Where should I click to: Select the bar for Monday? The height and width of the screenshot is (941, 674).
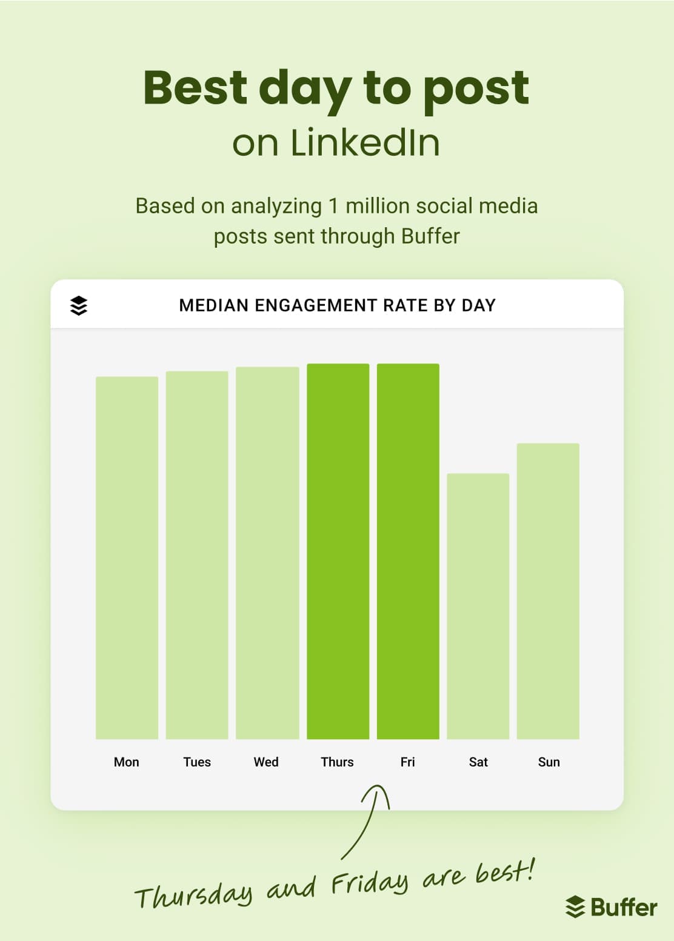click(127, 557)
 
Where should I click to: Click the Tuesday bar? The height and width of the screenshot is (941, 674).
click(197, 554)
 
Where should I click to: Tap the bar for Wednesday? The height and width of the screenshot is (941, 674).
click(267, 553)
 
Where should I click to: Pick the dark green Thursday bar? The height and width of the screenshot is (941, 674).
click(338, 551)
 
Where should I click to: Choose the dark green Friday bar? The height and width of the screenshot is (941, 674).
click(408, 551)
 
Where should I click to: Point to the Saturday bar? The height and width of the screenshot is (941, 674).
click(478, 606)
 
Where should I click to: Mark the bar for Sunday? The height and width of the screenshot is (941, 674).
click(548, 591)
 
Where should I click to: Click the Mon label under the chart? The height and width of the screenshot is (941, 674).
click(127, 762)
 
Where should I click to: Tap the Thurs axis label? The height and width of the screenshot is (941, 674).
click(337, 762)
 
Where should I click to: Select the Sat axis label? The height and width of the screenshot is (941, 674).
click(478, 762)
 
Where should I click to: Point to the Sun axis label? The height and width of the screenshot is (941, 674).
click(549, 762)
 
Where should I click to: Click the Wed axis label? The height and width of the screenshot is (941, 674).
click(266, 762)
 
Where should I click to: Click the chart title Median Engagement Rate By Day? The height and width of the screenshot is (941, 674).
click(337, 305)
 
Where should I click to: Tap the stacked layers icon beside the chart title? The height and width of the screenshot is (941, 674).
click(79, 305)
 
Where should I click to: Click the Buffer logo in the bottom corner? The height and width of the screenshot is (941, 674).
click(611, 907)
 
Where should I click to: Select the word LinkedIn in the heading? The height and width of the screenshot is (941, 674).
click(365, 143)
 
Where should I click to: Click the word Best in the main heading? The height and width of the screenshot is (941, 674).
click(195, 88)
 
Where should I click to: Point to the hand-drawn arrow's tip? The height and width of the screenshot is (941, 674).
click(378, 787)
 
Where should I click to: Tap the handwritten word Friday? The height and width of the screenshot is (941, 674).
click(370, 884)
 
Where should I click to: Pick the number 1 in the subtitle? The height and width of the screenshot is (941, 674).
click(333, 206)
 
